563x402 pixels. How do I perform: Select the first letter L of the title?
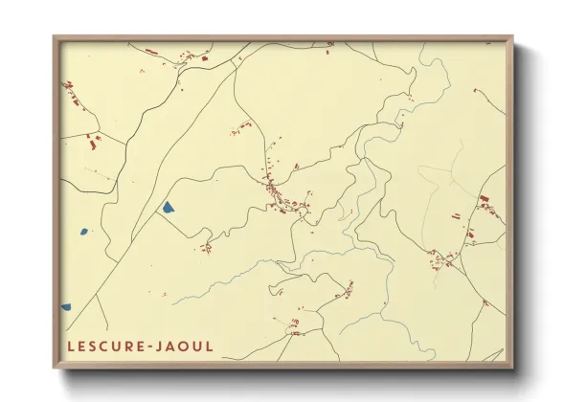click(71, 346)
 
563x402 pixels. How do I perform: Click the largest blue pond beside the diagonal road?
click(168, 207)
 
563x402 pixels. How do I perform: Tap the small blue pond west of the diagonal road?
click(83, 231)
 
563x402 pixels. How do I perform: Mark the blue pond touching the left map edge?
click(66, 307)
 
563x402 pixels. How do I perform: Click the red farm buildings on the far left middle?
click(93, 144)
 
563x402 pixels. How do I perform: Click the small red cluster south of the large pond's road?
click(206, 248)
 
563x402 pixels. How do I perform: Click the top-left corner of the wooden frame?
click(56, 38)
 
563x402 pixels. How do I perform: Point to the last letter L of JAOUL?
click(211, 346)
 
